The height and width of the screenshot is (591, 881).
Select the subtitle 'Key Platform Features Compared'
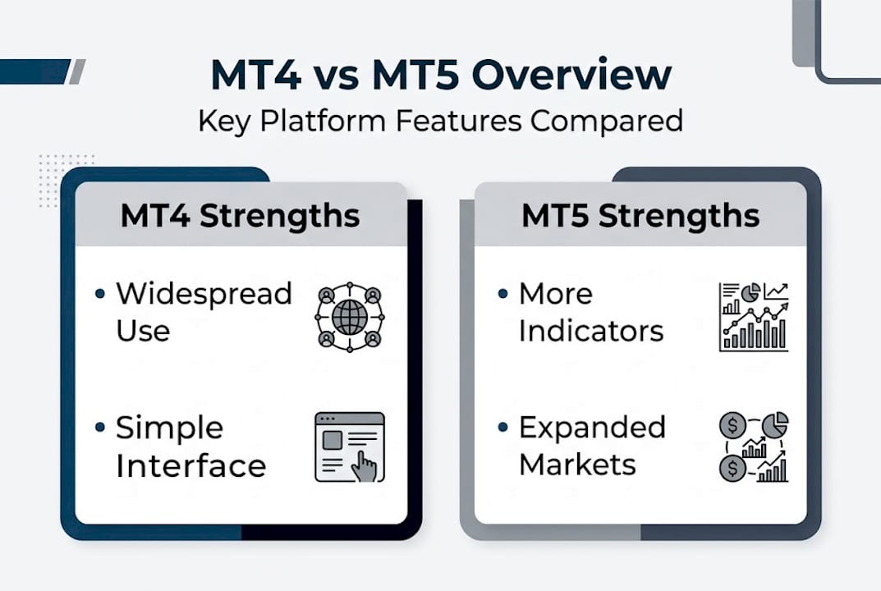[x=440, y=121]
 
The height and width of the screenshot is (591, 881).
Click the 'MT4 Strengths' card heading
[x=240, y=216]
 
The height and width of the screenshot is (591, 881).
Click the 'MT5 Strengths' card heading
[x=640, y=216]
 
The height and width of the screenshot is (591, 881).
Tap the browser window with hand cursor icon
[x=350, y=447]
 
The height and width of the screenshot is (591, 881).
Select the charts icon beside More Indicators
[x=753, y=317]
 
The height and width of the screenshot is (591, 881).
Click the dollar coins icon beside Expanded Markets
[x=753, y=447]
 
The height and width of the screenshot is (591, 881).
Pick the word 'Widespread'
[x=204, y=294]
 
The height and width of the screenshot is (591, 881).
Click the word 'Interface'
[x=190, y=466]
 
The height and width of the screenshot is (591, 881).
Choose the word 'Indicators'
[x=590, y=332]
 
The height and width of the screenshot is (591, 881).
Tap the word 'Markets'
[x=577, y=465]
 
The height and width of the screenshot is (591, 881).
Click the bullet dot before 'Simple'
[x=100, y=428]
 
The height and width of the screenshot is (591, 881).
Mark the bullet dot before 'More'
[x=503, y=293]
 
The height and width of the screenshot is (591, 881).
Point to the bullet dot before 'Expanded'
[x=503, y=428]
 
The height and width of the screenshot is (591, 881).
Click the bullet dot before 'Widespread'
[x=100, y=293]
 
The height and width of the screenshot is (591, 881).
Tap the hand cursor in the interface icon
[x=364, y=466]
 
